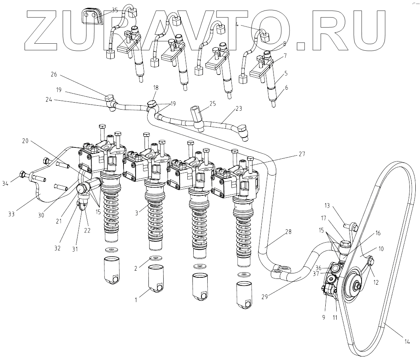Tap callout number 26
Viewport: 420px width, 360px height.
click(x=53, y=74)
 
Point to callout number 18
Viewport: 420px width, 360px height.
click(x=155, y=88)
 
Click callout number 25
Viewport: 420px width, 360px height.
click(x=212, y=104)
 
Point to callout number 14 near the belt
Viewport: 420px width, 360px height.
click(x=407, y=342)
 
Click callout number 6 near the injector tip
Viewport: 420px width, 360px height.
click(x=286, y=88)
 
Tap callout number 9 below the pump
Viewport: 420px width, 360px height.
click(x=323, y=317)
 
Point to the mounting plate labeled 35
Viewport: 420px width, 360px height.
click(x=92, y=16)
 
